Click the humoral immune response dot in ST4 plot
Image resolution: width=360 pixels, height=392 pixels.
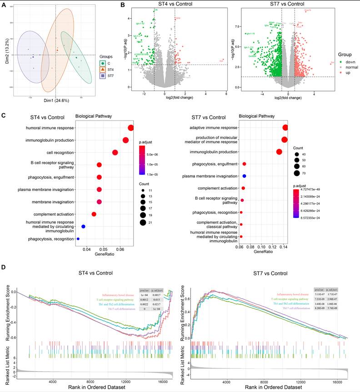point(131,128)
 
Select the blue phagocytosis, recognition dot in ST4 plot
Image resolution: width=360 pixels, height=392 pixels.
point(78,239)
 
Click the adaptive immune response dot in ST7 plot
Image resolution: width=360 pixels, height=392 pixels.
point(285,128)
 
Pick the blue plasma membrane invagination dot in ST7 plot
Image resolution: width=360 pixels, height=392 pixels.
point(244,176)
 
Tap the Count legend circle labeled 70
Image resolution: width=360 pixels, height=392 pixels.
point(296,173)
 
